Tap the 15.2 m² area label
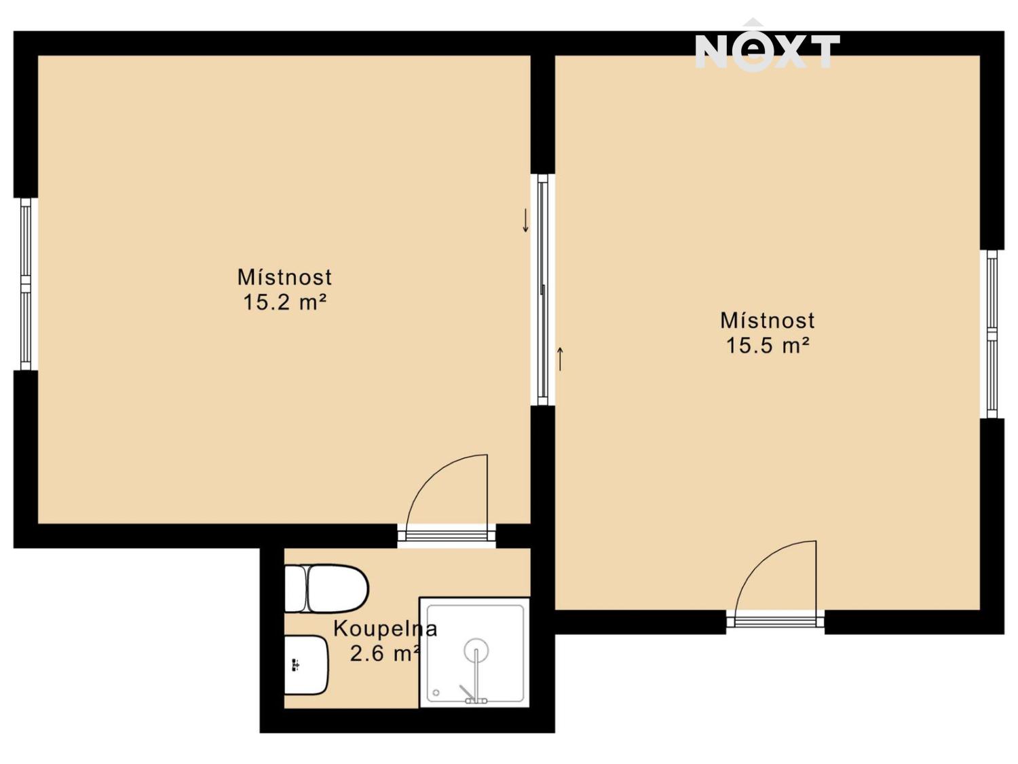pyautogui.click(x=285, y=303)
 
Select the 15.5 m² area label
pyautogui.click(x=768, y=346)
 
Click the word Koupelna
pyautogui.click(x=385, y=630)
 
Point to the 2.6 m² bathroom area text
pyautogui.click(x=385, y=654)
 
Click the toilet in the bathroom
pyautogui.click(x=326, y=589)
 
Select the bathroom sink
pyautogui.click(x=306, y=665)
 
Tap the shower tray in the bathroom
pyautogui.click(x=474, y=653)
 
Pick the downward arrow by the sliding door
pyautogui.click(x=525, y=220)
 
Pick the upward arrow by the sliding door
pyautogui.click(x=561, y=359)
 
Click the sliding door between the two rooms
pyautogui.click(x=543, y=290)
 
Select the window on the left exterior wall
pyautogui.click(x=26, y=285)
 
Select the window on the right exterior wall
pyautogui.click(x=992, y=334)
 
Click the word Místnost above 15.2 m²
pyautogui.click(x=285, y=277)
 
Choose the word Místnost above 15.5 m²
pyautogui.click(x=768, y=321)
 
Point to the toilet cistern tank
pyautogui.click(x=295, y=589)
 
